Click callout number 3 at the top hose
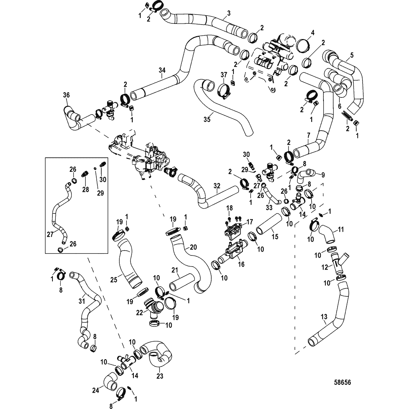[229, 13]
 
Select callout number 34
[161, 70]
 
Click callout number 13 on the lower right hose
[324, 317]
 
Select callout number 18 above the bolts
[229, 207]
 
